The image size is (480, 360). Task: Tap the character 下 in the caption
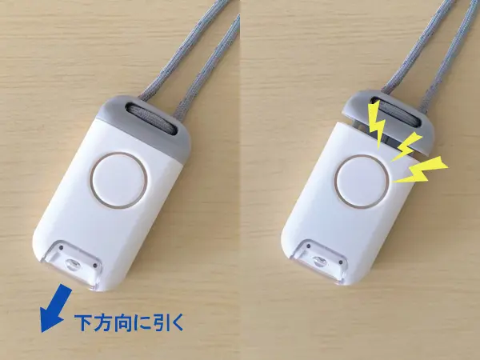coord(83,325)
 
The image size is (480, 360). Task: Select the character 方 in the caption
coord(104,325)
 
